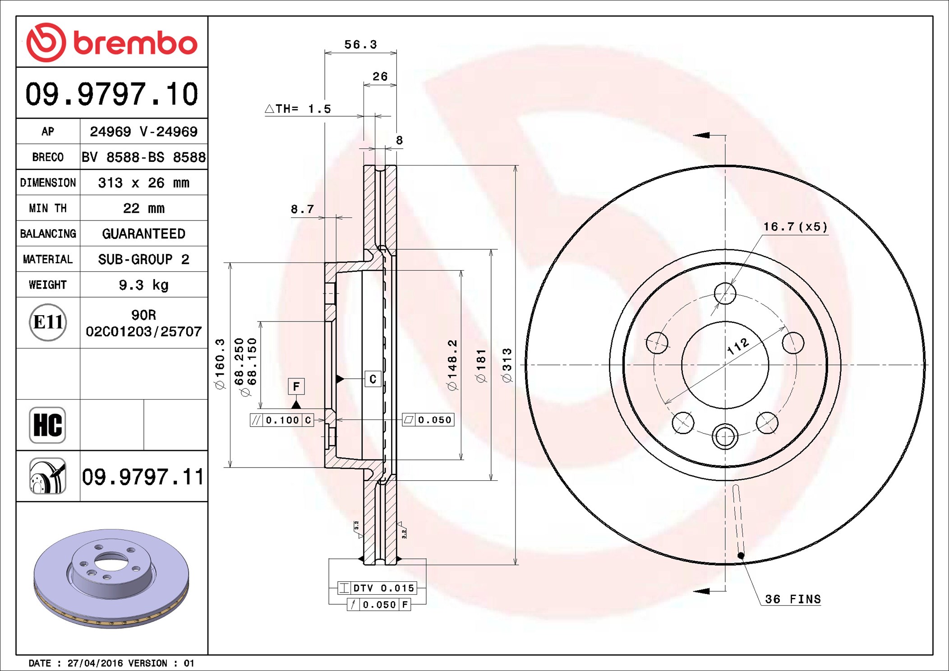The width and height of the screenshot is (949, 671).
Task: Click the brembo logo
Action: click(112, 42)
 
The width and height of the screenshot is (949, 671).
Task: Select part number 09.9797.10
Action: click(112, 94)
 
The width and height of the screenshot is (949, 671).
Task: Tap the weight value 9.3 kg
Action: click(143, 285)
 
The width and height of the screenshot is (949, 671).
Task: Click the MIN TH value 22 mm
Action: click(143, 208)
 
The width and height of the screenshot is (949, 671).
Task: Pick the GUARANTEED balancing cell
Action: click(143, 234)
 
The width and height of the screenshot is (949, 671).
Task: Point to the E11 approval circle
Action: click(48, 322)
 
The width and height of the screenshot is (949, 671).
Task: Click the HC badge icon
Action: click(47, 425)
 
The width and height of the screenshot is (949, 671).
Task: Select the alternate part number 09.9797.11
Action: click(143, 477)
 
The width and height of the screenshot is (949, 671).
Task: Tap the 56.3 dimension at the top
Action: click(360, 44)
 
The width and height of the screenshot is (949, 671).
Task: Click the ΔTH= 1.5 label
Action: click(298, 109)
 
